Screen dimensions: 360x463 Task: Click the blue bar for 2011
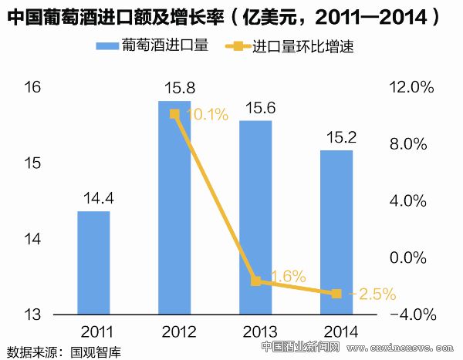coord(93,262)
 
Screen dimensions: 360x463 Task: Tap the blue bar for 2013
coord(255,217)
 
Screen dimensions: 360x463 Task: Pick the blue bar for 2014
coord(336,231)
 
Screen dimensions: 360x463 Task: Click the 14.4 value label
coord(93,199)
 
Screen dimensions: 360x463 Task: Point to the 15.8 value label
coord(174,89)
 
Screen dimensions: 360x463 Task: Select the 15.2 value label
coord(336,139)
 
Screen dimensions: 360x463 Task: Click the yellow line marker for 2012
coord(174,114)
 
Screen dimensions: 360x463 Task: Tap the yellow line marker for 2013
coord(255,281)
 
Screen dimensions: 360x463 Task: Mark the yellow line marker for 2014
coord(336,294)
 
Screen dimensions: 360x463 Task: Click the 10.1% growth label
coord(207,116)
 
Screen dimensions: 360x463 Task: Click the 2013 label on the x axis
coord(255,332)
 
